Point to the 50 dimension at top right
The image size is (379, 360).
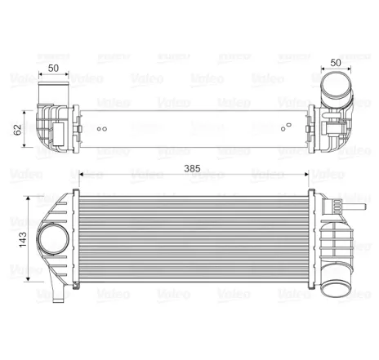[335, 63]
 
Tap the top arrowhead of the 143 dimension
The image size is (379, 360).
[31, 199]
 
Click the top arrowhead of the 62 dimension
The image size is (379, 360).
[31, 104]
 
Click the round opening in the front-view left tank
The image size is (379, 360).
[55, 241]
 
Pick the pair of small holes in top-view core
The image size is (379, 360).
[101, 129]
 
